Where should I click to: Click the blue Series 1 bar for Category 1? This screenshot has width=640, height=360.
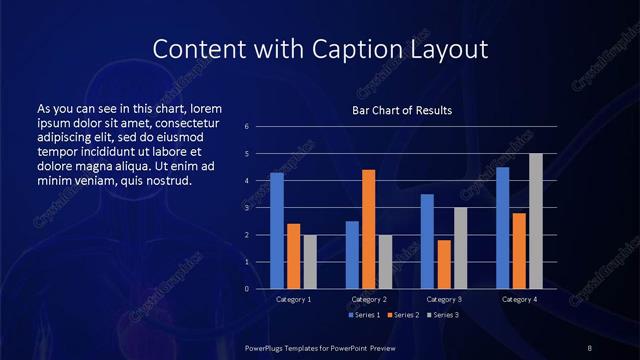[277, 231]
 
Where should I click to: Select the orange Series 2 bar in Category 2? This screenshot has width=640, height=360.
[368, 229]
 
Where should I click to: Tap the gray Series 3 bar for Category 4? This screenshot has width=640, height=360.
[536, 221]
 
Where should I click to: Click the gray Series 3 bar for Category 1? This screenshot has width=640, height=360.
[310, 262]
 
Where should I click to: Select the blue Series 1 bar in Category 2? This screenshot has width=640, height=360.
[352, 255]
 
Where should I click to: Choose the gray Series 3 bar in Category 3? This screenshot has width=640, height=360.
[460, 248]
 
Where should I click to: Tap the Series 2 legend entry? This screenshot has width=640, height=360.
[401, 315]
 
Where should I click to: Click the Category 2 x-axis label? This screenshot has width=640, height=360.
[368, 299]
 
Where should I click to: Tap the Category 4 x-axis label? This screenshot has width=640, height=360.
[518, 299]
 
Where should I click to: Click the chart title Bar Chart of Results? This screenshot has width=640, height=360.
[401, 110]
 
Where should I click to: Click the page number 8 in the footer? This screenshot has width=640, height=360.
[590, 347]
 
